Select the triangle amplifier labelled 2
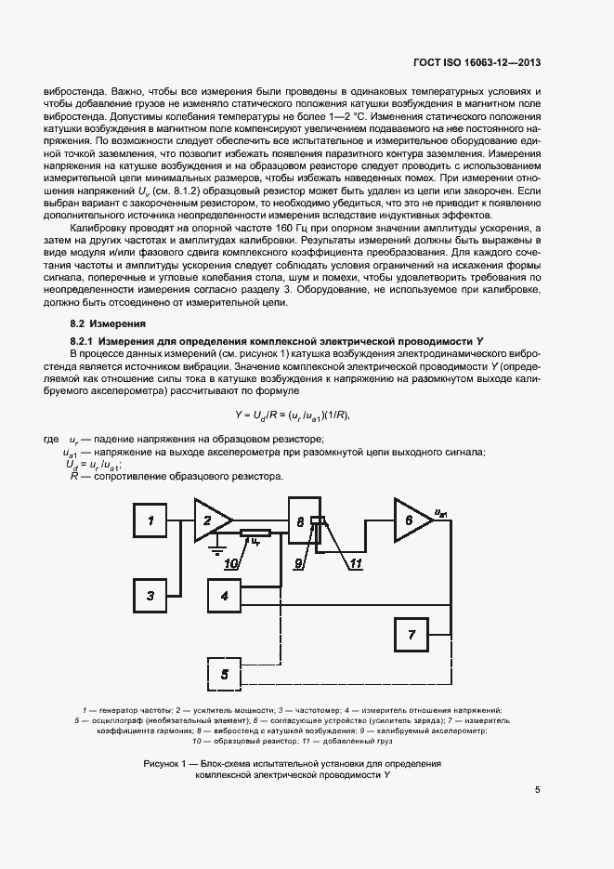tap(211, 520)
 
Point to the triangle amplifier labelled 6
tap(410, 520)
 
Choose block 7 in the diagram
tap(412, 635)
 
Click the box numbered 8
tap(301, 523)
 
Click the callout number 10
tap(230, 563)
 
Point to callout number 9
tap(300, 563)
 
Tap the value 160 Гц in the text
tap(275, 227)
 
